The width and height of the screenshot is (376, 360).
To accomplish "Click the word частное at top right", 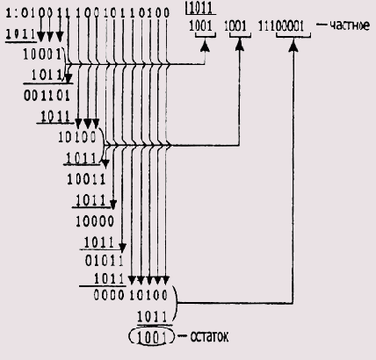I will click(x=347, y=25).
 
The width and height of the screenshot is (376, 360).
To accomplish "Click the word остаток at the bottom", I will click(x=213, y=336).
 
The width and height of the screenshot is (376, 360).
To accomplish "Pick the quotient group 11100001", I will click(x=285, y=26).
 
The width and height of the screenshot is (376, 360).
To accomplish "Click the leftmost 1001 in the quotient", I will click(x=204, y=26).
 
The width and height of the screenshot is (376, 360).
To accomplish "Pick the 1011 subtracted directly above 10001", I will click(x=21, y=37).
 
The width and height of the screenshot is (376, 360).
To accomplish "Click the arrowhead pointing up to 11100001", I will click(x=291, y=39).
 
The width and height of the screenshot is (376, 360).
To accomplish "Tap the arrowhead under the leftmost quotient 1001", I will click(x=204, y=39).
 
